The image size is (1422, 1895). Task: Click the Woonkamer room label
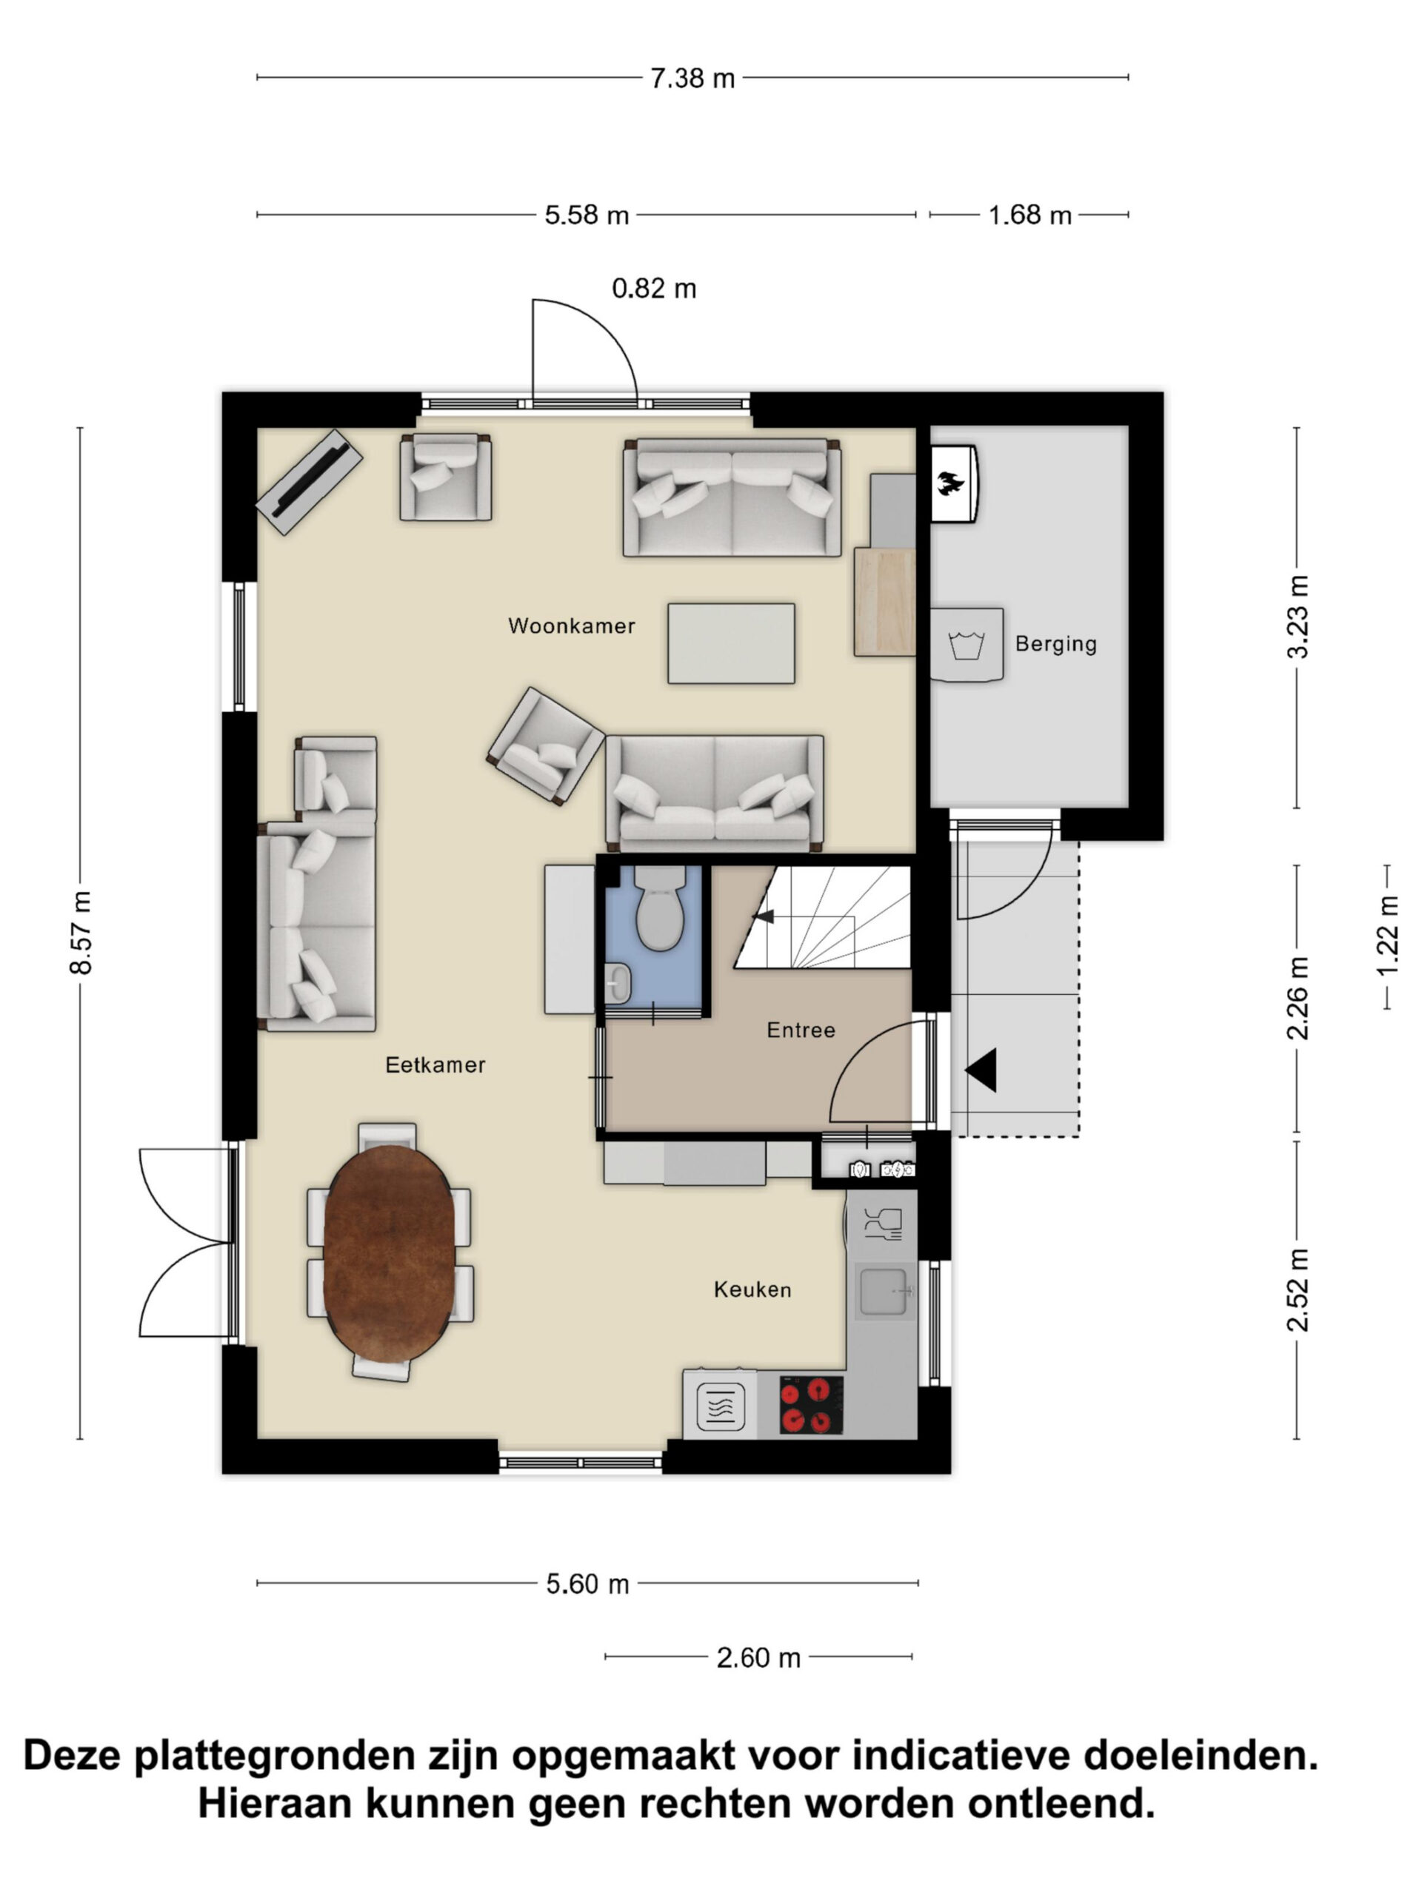[571, 625]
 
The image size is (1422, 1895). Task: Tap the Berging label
[1055, 643]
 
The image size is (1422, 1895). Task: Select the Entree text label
[801, 1030]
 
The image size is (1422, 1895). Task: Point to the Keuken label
[752, 1289]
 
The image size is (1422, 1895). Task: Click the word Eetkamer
[435, 1065]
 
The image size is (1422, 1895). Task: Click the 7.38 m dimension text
[692, 78]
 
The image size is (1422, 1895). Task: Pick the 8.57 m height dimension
[81, 932]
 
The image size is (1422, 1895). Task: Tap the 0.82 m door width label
[654, 289]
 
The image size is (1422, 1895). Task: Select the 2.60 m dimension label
[758, 1657]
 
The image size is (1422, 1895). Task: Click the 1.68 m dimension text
[1029, 215]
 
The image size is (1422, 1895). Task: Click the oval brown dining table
[389, 1254]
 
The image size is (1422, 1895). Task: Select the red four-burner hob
[811, 1405]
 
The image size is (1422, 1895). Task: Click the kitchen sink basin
[883, 1292]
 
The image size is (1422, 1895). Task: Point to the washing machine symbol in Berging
[967, 643]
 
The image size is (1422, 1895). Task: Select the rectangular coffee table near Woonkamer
[731, 643]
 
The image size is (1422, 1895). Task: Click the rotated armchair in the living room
[545, 746]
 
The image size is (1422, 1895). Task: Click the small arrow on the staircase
[763, 916]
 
